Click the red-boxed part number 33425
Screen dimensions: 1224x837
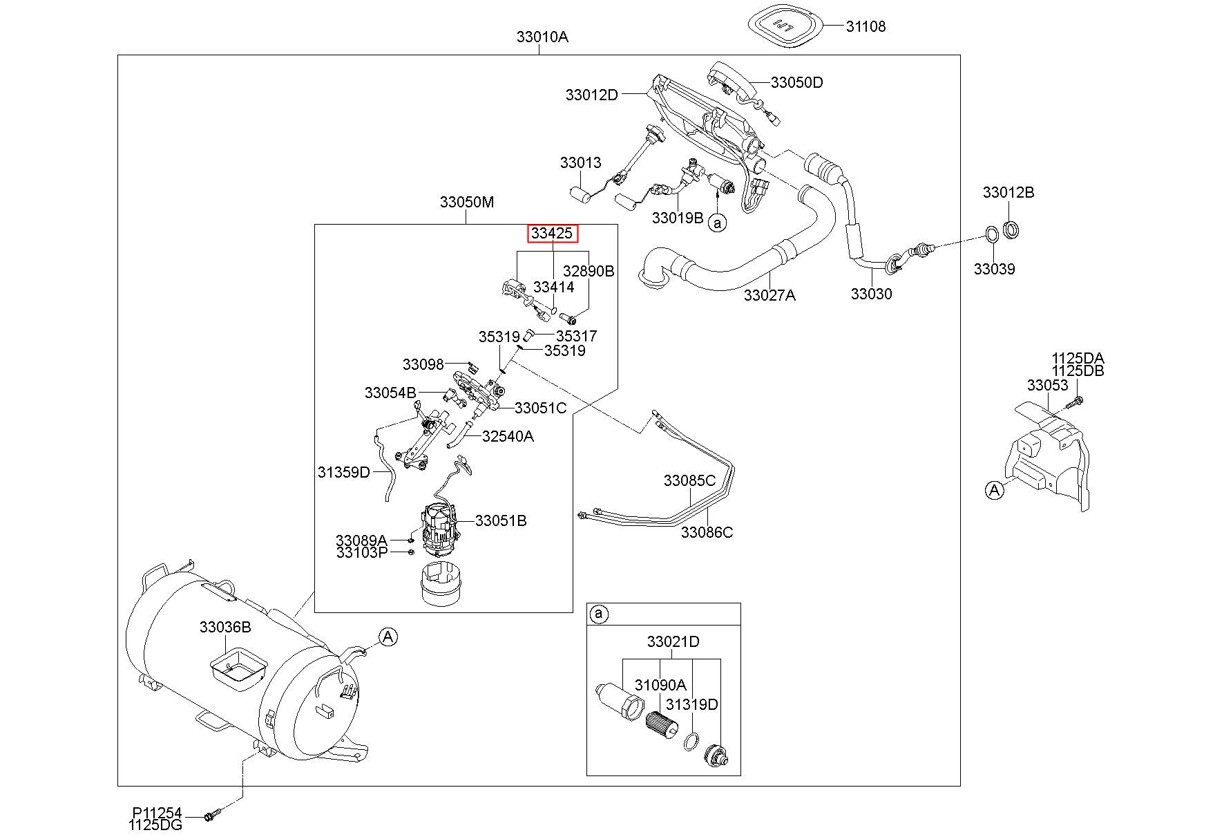pos(553,234)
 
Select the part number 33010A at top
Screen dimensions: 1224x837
pos(542,37)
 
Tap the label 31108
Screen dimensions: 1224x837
pos(866,26)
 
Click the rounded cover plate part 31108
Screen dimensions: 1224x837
pos(787,26)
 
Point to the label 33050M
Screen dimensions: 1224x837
pos(467,203)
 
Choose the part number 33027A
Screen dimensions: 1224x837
pos(769,295)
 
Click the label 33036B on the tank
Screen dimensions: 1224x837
pos(225,627)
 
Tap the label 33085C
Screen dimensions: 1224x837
pos(689,480)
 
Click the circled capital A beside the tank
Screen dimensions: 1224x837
pos(388,637)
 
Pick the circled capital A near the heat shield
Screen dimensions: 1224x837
pos(994,490)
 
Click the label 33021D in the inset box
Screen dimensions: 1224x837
pos(673,641)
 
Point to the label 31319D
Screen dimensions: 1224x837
pos(692,704)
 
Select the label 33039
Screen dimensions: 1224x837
pos(994,269)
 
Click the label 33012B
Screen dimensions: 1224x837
pos(1008,192)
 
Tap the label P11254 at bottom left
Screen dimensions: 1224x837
pos(157,814)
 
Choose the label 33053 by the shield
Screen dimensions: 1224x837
pos(1047,385)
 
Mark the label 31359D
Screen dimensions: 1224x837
pos(344,472)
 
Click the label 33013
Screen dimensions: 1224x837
pos(580,162)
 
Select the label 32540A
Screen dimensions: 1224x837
pos(508,436)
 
